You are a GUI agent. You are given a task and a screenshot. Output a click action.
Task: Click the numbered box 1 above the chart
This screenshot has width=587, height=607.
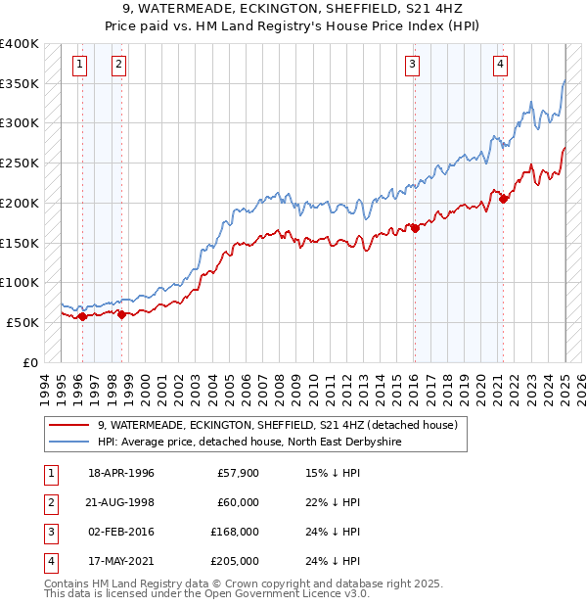(x=78, y=65)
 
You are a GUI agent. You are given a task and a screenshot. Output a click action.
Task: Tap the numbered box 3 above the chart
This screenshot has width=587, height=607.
(x=413, y=65)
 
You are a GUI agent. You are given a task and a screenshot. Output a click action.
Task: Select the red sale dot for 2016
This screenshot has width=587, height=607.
(x=415, y=228)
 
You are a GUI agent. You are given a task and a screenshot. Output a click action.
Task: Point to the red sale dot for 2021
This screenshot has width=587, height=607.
(x=504, y=199)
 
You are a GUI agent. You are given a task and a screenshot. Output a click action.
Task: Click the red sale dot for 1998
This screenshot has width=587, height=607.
(x=121, y=314)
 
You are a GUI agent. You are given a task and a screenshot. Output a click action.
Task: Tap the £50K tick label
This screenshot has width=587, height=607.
(x=23, y=322)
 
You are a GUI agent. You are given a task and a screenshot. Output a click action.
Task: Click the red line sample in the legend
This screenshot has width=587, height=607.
(x=69, y=426)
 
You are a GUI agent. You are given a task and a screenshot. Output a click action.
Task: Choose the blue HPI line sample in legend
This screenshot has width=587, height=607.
(x=69, y=443)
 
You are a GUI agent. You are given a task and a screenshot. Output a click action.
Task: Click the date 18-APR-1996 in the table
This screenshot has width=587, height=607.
(x=120, y=473)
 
